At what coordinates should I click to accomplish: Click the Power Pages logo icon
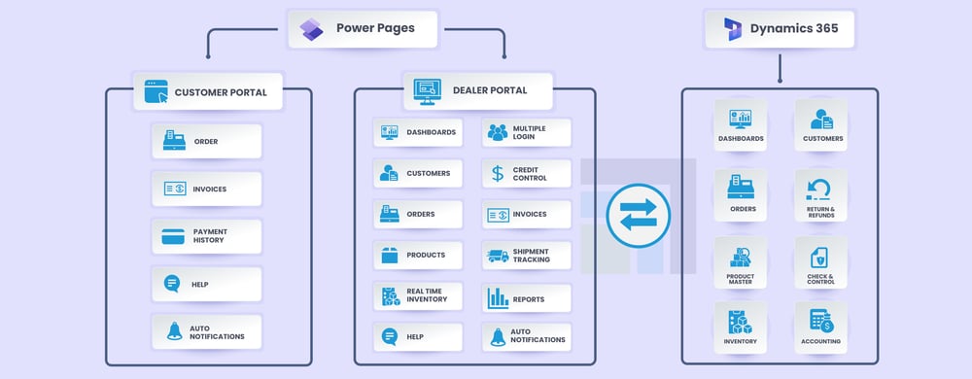[x=312, y=28]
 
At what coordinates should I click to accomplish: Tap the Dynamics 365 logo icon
[x=730, y=29]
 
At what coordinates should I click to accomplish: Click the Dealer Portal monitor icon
[x=427, y=90]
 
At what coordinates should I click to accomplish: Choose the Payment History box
[x=206, y=236]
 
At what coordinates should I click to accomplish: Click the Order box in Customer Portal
[x=206, y=141]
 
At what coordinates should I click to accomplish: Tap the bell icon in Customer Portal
[x=173, y=331]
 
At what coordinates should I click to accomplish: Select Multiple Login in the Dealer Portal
[x=527, y=132]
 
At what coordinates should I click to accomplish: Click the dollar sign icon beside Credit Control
[x=498, y=173]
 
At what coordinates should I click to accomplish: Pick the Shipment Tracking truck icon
[x=498, y=256]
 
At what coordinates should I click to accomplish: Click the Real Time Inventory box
[x=416, y=296]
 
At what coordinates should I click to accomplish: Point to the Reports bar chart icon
[x=498, y=297]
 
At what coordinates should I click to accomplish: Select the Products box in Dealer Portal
[x=416, y=256]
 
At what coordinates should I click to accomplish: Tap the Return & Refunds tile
[x=820, y=195]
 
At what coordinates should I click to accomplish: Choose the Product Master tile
[x=741, y=262]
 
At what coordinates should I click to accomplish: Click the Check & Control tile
[x=820, y=262]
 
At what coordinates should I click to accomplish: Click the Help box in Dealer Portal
[x=416, y=337]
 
